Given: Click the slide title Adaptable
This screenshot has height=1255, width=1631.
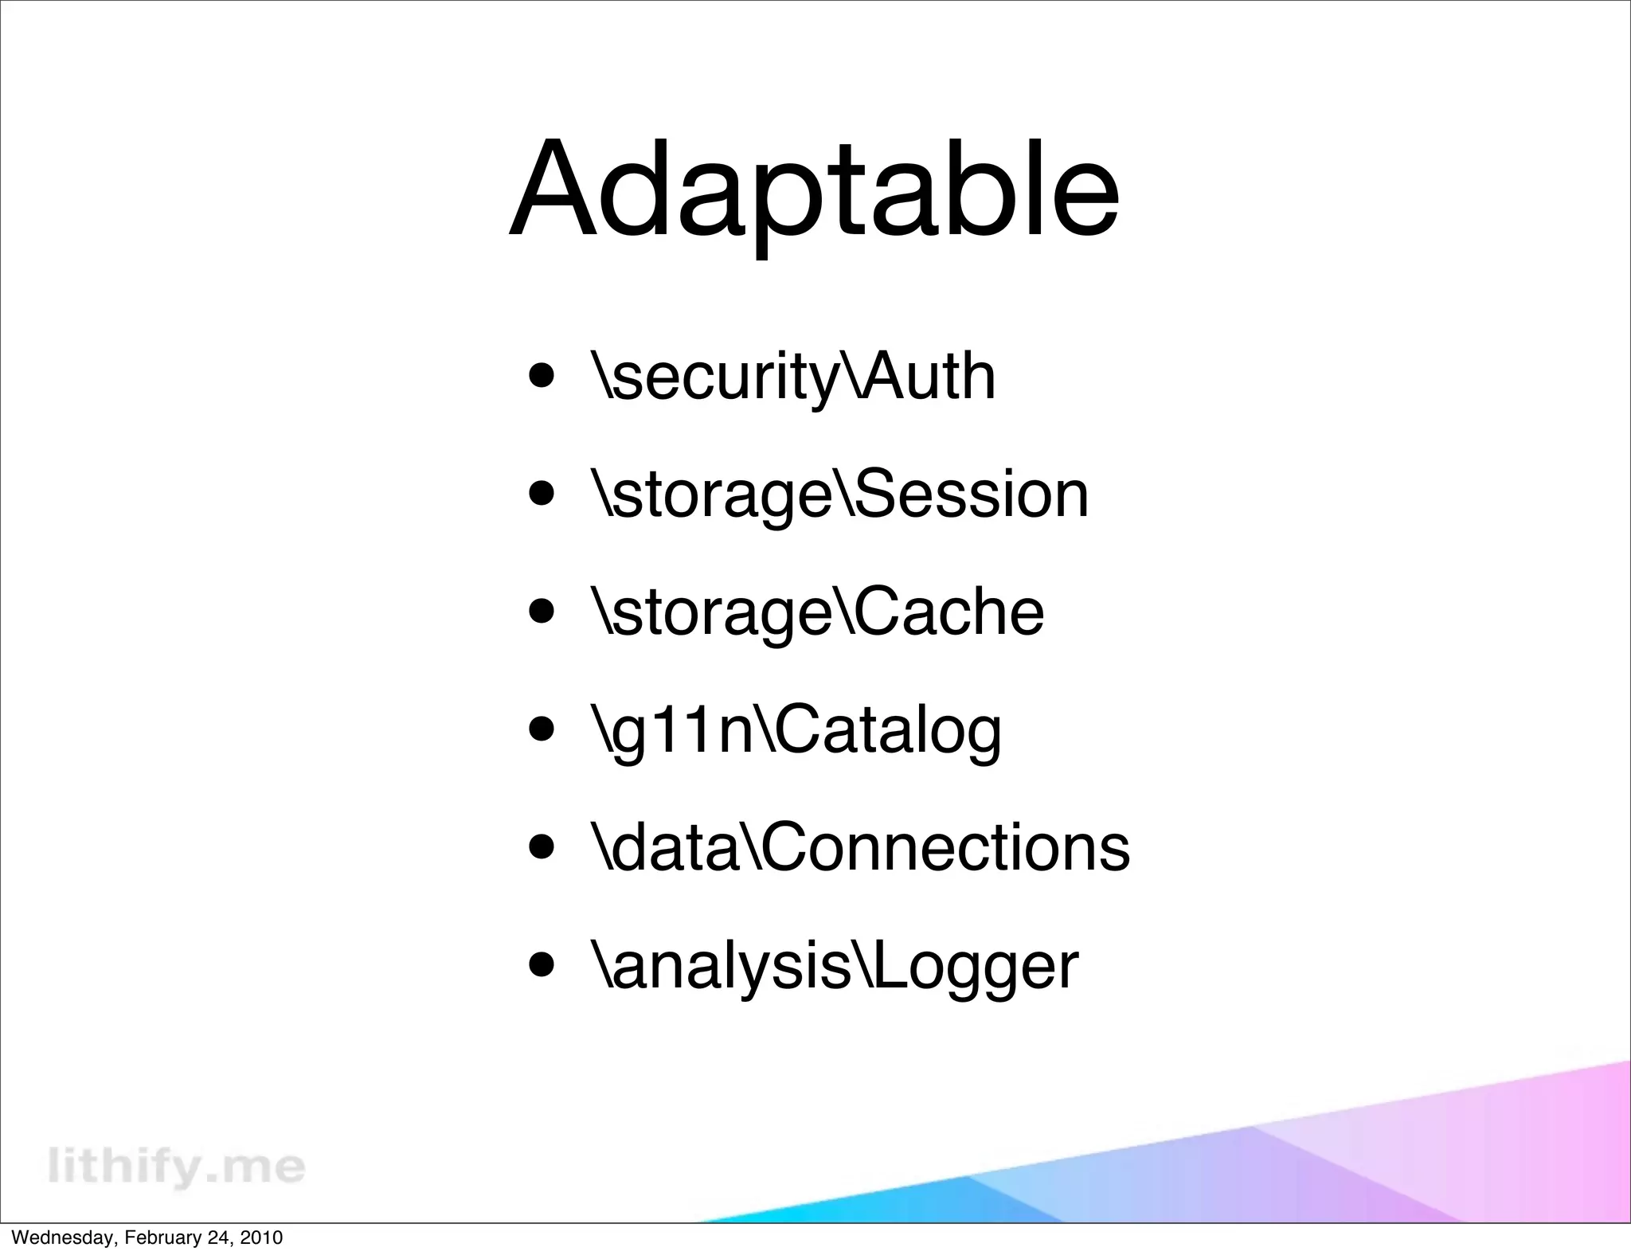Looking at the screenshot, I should point(814,191).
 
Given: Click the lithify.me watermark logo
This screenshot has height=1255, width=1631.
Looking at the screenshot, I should point(176,1167).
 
